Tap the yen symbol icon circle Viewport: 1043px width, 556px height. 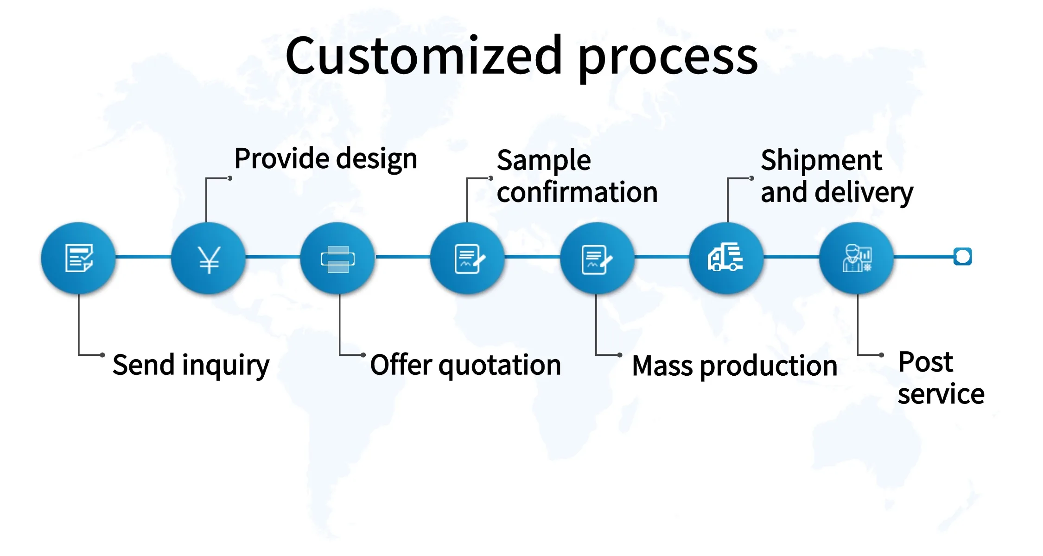coord(209,258)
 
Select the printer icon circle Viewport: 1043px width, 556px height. coord(338,258)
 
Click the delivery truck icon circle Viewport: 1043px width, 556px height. coord(726,258)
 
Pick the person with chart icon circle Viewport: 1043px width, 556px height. coord(857,258)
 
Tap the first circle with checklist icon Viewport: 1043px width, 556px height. coord(78,258)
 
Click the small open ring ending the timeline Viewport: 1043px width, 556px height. coord(963,256)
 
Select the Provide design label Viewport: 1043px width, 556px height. coord(326,159)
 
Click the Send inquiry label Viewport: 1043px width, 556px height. coord(191,366)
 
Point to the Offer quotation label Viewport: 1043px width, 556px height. coord(465,366)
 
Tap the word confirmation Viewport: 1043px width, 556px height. coord(577,192)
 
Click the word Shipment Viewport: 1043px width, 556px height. coord(821,160)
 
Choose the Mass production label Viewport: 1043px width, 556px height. coord(735,366)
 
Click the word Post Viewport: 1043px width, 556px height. coord(926,362)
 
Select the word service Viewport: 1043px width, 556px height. coord(941,394)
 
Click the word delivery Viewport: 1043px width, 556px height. coord(864,193)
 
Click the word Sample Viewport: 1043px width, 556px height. coord(544,161)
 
